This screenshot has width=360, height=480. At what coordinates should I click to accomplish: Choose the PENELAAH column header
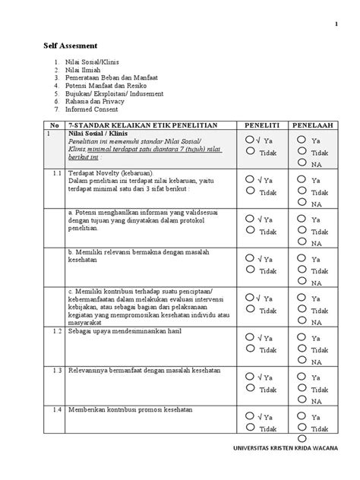[319, 124]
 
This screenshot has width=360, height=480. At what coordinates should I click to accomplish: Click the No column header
[52, 124]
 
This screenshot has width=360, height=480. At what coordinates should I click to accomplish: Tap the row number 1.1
[52, 174]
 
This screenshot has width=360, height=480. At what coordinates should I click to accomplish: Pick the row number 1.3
[52, 370]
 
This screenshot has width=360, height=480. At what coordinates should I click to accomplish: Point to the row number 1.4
[52, 409]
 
